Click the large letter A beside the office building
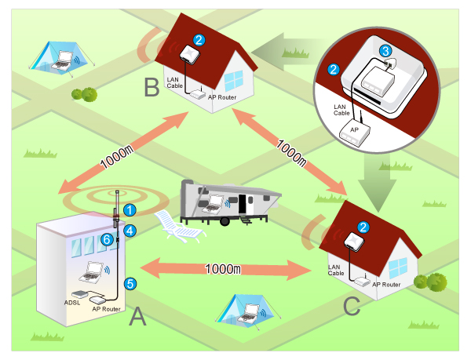coord(137,318)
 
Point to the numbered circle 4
coord(130,231)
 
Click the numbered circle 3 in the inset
coord(385,50)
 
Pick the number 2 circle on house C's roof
coord(363,227)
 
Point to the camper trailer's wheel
coord(225,222)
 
